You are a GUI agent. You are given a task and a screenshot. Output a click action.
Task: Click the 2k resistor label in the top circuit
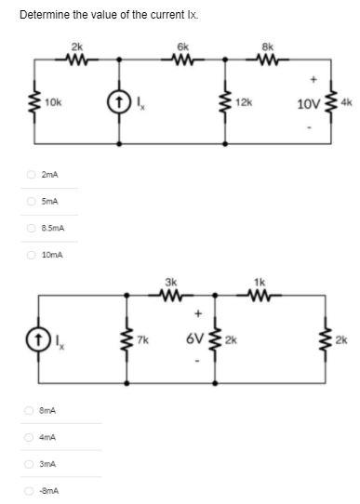(x=75, y=46)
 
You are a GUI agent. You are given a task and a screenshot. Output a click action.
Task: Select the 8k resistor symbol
(x=270, y=60)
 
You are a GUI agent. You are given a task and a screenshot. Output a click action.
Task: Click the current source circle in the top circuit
(x=121, y=99)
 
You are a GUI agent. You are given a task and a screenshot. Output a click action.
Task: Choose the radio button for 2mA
(x=31, y=174)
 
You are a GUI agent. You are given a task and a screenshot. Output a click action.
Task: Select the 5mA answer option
(x=31, y=201)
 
